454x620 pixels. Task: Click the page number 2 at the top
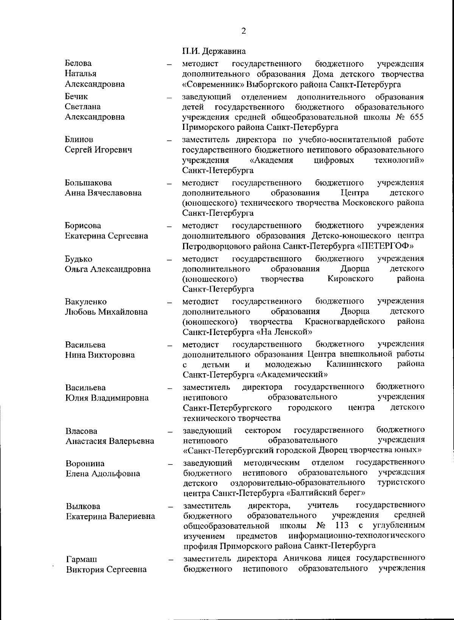(x=243, y=31)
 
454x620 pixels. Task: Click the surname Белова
(x=78, y=63)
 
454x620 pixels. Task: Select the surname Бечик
(x=76, y=97)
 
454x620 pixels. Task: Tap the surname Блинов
(x=79, y=140)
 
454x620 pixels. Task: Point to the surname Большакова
(x=89, y=183)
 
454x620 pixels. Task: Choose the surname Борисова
(x=83, y=226)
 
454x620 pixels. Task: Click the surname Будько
(x=79, y=259)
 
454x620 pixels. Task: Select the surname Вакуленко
(x=86, y=302)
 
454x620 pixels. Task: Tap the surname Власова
(x=81, y=431)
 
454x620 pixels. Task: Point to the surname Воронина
(x=85, y=464)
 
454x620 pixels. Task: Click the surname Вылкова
(x=83, y=506)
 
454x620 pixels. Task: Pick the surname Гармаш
(x=81, y=559)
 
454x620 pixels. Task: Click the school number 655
(x=417, y=117)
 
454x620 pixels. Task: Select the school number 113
(x=342, y=525)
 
